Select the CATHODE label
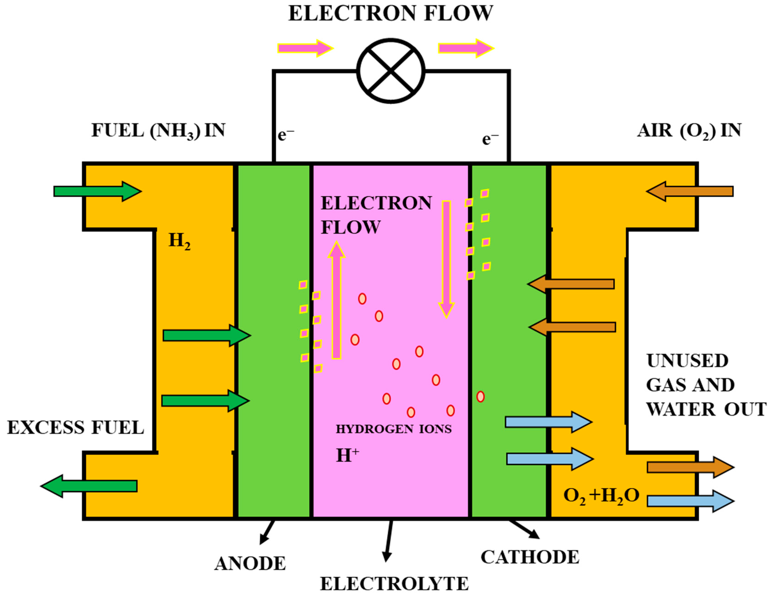click(530, 557)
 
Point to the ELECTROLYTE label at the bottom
click(394, 584)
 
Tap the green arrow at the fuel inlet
click(97, 191)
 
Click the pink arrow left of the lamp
click(305, 48)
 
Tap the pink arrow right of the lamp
click(465, 48)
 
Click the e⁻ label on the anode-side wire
click(286, 135)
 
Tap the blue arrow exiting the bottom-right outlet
click(690, 501)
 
